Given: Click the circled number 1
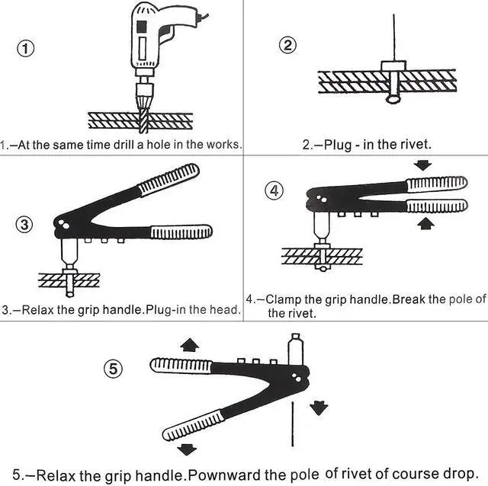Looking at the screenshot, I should pos(26,49).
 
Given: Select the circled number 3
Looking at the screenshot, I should pos(25,224).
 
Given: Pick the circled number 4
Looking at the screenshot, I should pos(274,191).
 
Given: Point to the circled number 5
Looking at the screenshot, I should pos(113,369).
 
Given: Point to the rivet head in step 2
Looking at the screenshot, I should pos(393,98).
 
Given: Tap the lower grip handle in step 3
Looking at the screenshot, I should pos(181,232).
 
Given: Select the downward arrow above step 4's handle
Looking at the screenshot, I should pos(425,165).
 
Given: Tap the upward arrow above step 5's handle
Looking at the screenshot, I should pos(190,345).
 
